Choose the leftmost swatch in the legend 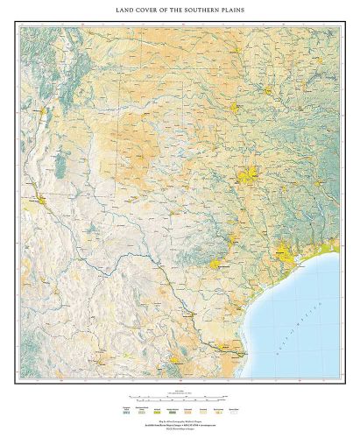coord(125,409)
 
